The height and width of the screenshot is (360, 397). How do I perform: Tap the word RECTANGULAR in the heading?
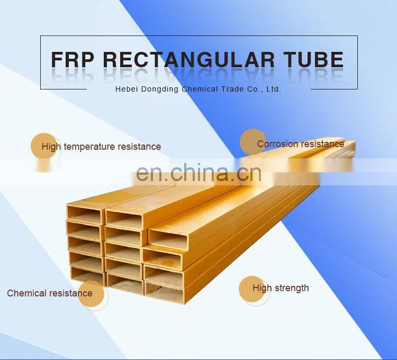click(188, 59)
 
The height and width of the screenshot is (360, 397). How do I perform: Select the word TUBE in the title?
click(314, 59)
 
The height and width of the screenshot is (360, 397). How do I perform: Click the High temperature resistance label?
click(101, 147)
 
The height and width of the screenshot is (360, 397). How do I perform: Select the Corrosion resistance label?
click(301, 144)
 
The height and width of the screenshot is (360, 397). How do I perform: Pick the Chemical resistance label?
click(50, 293)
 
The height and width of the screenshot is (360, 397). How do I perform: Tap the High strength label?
click(281, 288)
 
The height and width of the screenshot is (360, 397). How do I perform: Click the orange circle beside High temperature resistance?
click(44, 146)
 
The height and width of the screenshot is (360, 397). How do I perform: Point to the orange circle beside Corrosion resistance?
click(253, 142)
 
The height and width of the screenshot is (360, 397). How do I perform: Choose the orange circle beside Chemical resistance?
click(91, 294)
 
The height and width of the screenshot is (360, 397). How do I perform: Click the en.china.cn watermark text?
click(198, 173)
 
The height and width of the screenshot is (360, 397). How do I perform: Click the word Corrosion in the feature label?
click(277, 144)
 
